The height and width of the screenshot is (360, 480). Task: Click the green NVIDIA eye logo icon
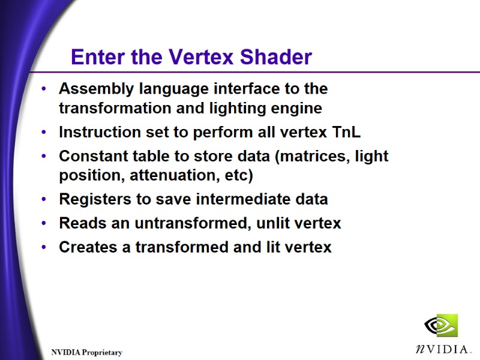pyautogui.click(x=441, y=326)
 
